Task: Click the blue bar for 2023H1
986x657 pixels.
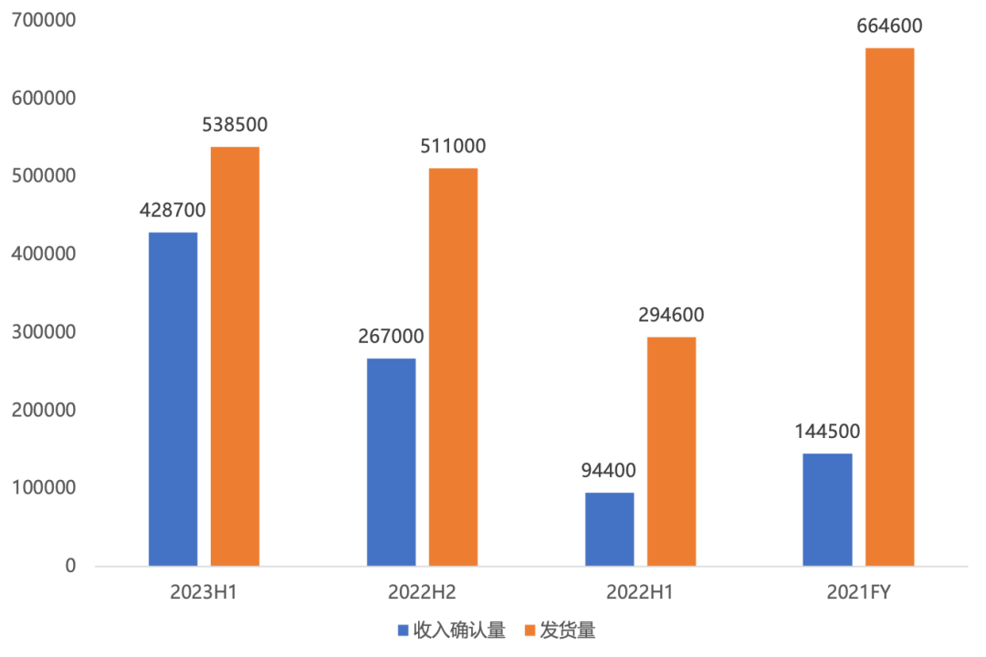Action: pyautogui.click(x=173, y=399)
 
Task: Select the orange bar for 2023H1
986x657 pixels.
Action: pyautogui.click(x=235, y=356)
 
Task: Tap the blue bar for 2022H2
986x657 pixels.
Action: pyautogui.click(x=391, y=462)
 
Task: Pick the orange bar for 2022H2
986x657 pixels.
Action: pyautogui.click(x=453, y=367)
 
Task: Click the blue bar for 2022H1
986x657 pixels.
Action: pyautogui.click(x=609, y=529)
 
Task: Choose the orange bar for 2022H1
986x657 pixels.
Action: pyautogui.click(x=671, y=452)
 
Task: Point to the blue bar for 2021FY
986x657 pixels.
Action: pyautogui.click(x=827, y=509)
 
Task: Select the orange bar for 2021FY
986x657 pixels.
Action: pyautogui.click(x=889, y=307)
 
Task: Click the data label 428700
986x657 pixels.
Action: pyautogui.click(x=173, y=211)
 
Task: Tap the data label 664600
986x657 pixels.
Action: pyautogui.click(x=889, y=26)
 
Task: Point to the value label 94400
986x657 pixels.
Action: pyautogui.click(x=609, y=471)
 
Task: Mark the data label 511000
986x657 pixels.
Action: pyautogui.click(x=453, y=147)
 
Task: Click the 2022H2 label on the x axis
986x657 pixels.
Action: pyautogui.click(x=422, y=592)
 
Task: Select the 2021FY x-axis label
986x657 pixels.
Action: pyautogui.click(x=858, y=592)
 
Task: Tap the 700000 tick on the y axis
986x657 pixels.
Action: pyautogui.click(x=45, y=19)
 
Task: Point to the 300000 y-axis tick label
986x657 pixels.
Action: pyautogui.click(x=45, y=331)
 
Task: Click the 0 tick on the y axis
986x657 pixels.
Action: pyautogui.click(x=70, y=566)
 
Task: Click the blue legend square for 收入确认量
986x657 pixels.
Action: pyautogui.click(x=403, y=631)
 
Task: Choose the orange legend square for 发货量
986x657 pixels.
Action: pyautogui.click(x=530, y=631)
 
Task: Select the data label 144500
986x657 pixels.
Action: pyautogui.click(x=827, y=432)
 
